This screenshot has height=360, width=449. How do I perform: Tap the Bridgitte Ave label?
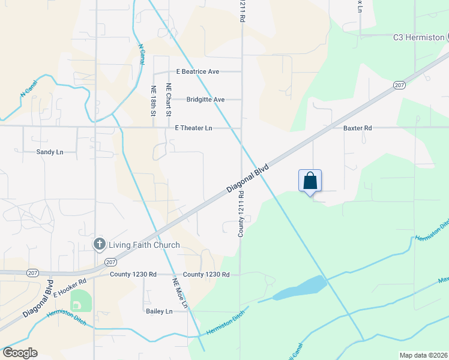(205, 100)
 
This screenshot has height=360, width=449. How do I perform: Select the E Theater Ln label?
(193, 128)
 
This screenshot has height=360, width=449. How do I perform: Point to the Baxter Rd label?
(358, 128)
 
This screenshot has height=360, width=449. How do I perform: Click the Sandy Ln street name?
(50, 152)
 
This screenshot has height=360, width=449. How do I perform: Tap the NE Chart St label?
(169, 100)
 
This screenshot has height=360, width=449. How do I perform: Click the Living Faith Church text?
(144, 245)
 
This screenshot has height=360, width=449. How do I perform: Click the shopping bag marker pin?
(310, 181)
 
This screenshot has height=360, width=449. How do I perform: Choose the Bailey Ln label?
(159, 311)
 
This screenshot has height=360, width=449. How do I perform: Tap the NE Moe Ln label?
(180, 293)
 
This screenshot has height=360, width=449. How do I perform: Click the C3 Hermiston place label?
(418, 37)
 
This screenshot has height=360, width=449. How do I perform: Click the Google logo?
(20, 353)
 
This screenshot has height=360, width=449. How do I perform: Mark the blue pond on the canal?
(300, 288)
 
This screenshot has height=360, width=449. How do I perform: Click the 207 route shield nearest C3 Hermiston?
(400, 85)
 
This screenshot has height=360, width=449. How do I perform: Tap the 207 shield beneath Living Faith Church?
(110, 262)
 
